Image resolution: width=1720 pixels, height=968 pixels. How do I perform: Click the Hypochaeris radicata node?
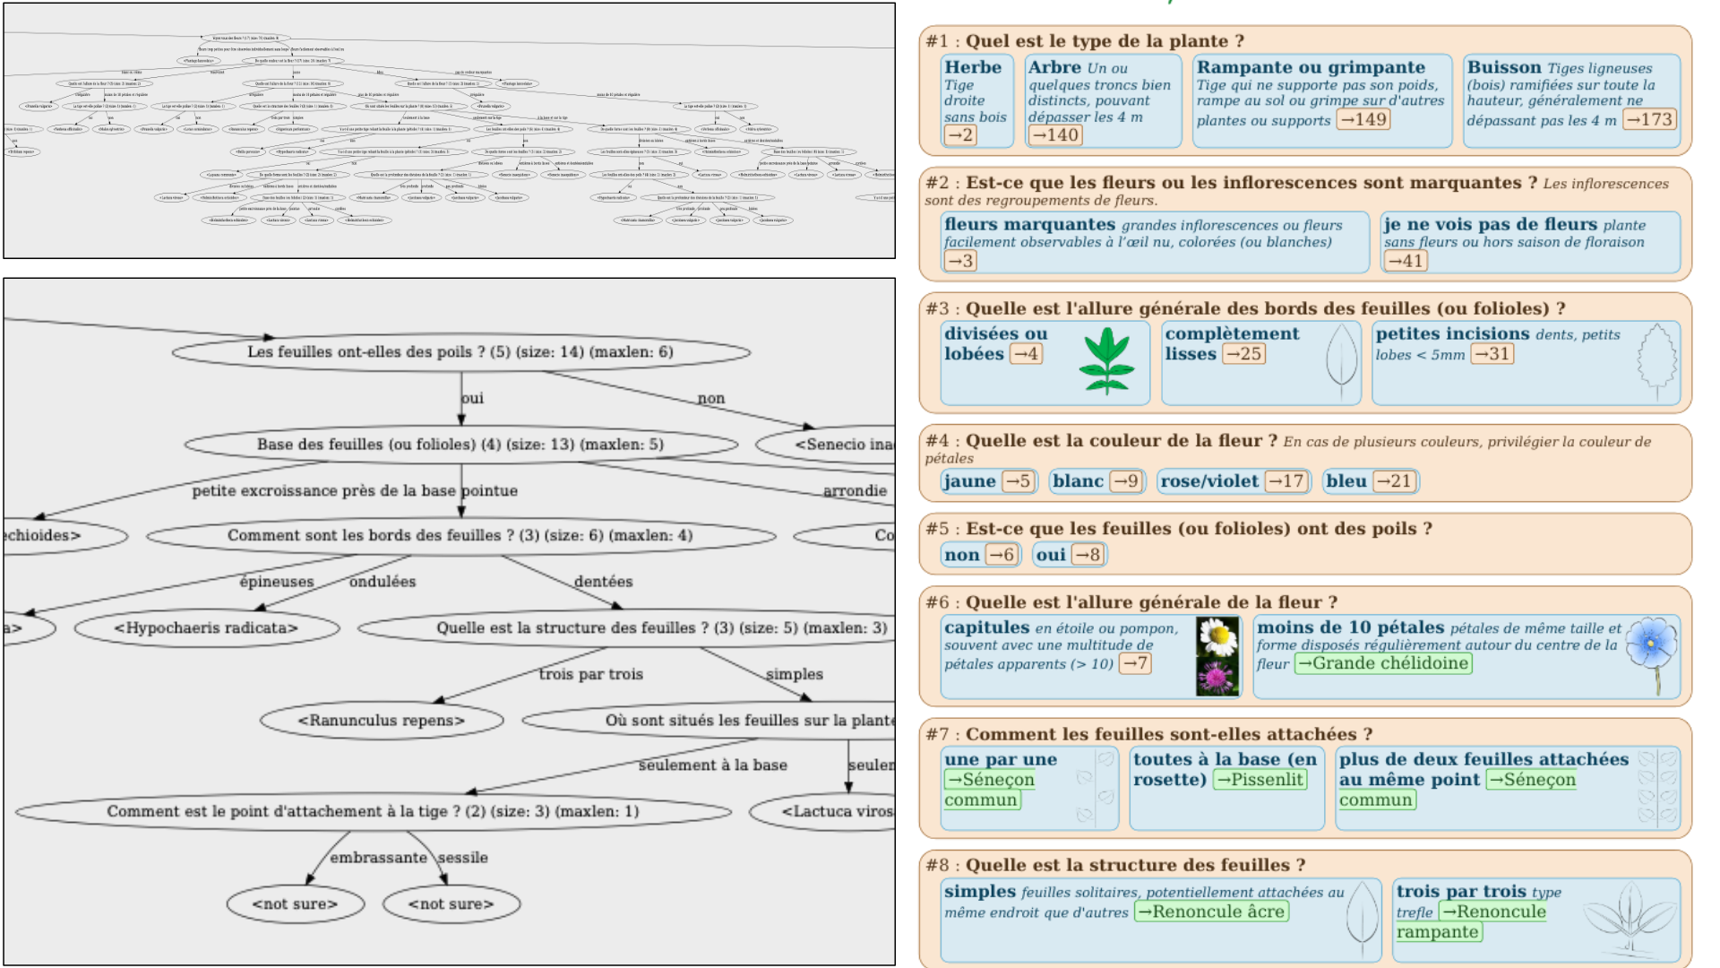tap(206, 627)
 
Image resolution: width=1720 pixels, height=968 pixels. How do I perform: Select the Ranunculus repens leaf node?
tap(382, 720)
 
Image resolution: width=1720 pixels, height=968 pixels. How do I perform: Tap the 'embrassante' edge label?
tap(378, 857)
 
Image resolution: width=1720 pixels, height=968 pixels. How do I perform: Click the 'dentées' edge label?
tap(603, 581)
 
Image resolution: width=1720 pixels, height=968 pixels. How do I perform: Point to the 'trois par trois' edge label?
tap(590, 673)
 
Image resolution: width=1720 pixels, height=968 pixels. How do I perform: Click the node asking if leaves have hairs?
tap(460, 351)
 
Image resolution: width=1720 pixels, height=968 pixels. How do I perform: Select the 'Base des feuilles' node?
tap(460, 444)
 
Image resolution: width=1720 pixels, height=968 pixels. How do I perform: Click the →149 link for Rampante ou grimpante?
tap(1363, 119)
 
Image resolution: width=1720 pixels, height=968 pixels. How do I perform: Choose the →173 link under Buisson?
tap(1649, 119)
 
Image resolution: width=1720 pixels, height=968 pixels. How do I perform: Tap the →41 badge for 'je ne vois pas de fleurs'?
tap(1405, 261)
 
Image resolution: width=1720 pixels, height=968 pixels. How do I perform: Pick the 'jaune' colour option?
tap(969, 481)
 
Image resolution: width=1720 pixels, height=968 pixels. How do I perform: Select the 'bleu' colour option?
tap(1346, 481)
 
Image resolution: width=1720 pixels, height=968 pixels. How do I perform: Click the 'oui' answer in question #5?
tap(1051, 555)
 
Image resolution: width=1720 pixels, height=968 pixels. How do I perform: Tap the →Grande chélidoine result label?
tap(1383, 663)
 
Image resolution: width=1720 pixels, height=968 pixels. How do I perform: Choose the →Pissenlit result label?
tap(1260, 780)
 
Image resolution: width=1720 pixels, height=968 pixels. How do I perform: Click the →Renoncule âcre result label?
tap(1210, 912)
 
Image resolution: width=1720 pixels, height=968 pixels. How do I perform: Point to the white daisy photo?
tap(1217, 636)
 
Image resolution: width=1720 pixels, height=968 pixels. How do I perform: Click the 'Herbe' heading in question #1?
tap(973, 67)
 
